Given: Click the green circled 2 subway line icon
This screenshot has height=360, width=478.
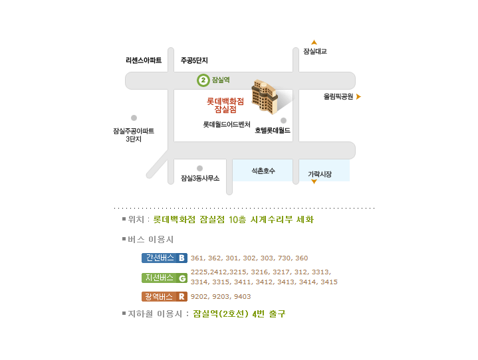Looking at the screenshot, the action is [203, 80].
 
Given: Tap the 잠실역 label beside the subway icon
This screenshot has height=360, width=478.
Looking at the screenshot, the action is [221, 80].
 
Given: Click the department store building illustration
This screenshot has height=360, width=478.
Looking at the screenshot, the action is [265, 97].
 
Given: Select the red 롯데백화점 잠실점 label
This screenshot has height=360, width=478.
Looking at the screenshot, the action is [225, 105].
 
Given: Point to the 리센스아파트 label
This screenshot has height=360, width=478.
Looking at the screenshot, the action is [144, 60].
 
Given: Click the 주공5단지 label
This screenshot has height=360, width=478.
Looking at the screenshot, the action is [194, 60].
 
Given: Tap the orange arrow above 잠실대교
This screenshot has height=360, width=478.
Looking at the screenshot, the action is [314, 43].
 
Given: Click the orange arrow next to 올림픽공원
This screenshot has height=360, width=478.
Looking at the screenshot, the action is [358, 96].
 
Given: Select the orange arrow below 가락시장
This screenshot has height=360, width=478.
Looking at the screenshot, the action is [314, 181].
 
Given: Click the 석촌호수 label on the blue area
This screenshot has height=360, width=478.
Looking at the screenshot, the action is [263, 171].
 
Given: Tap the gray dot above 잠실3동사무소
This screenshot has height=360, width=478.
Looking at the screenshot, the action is [199, 168].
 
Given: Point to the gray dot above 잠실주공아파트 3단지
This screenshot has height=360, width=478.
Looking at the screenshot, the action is [134, 118].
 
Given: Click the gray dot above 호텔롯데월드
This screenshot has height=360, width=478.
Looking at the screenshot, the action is [283, 120].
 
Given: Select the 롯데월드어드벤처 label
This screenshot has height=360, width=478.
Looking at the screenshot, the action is [227, 124].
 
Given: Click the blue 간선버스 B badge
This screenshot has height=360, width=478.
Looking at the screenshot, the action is [164, 258].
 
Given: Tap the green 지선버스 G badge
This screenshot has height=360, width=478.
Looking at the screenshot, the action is [164, 278].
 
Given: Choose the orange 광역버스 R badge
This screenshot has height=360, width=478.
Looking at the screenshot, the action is [164, 296].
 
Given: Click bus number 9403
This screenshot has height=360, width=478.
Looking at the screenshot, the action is [243, 297].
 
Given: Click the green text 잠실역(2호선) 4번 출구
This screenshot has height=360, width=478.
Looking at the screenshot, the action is [239, 314].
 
